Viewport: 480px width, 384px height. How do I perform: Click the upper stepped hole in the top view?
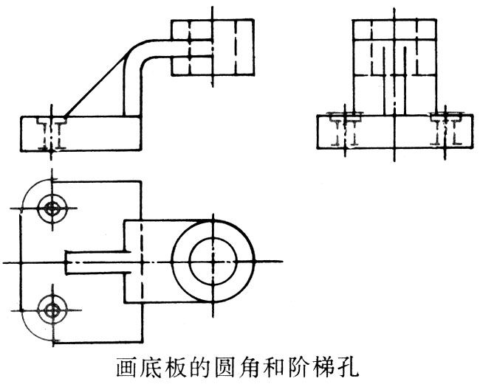[x=51, y=208]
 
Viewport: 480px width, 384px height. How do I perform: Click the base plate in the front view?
[x=80, y=133]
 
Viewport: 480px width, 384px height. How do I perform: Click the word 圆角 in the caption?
[x=227, y=367]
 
